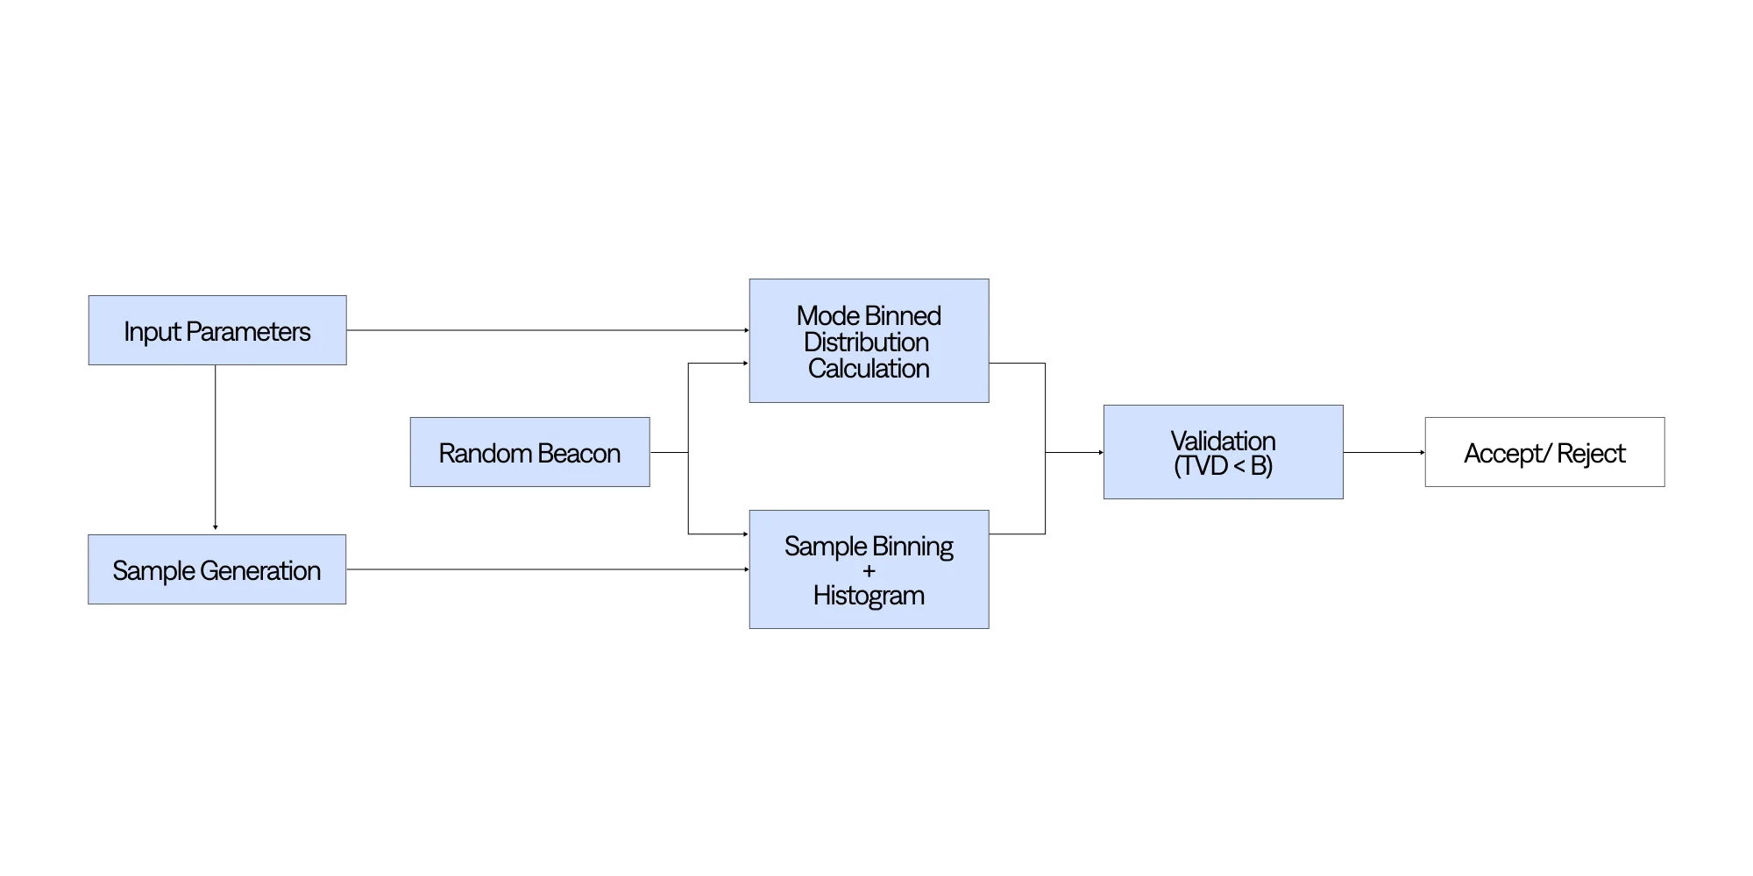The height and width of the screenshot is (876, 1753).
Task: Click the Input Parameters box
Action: click(x=217, y=330)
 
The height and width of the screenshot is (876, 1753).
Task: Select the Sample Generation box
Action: click(x=217, y=569)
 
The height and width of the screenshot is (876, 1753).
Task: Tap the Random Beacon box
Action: click(x=530, y=452)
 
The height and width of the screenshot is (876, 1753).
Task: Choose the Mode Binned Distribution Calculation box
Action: click(x=869, y=341)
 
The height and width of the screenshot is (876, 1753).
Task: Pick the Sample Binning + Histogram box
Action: click(x=869, y=569)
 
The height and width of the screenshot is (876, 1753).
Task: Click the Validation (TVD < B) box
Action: click(x=1224, y=452)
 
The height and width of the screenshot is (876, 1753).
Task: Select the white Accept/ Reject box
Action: click(x=1545, y=452)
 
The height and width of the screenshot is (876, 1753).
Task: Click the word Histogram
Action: click(x=869, y=596)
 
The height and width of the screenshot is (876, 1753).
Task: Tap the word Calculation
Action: click(x=869, y=369)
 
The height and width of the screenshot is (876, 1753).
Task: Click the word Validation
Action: click(x=1224, y=441)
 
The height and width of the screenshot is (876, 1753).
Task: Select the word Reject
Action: click(x=1591, y=454)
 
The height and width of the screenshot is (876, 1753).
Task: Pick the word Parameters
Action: click(x=248, y=332)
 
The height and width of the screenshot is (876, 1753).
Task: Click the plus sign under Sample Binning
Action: click(x=869, y=571)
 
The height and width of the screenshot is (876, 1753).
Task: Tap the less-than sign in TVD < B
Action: click(x=1239, y=466)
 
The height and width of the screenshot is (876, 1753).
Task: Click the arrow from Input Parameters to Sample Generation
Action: click(x=215, y=448)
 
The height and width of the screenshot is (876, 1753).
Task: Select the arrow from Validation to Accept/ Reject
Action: click(x=1385, y=452)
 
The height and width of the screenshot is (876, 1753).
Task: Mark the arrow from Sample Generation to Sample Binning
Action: click(x=548, y=569)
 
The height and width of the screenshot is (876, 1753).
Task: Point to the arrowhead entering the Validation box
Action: click(x=1101, y=452)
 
